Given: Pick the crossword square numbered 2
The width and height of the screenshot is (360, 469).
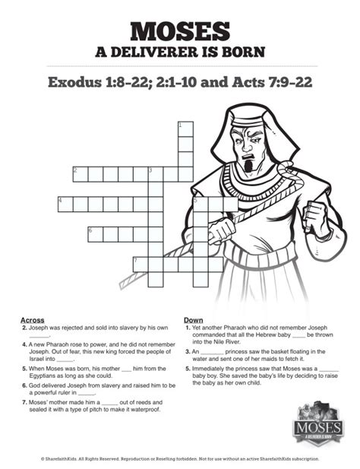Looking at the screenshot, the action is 80,174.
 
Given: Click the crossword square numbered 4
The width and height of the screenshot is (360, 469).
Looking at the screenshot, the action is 65,204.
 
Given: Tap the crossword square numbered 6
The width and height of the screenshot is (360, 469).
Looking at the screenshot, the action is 95,233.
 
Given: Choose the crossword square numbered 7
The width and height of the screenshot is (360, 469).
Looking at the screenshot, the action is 140,264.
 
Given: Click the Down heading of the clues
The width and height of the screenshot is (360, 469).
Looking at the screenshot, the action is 193,320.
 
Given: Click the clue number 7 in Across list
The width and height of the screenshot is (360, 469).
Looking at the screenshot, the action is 25,401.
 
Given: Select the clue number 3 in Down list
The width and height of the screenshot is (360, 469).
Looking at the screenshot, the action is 187,352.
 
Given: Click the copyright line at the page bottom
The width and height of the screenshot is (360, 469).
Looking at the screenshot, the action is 180,458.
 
